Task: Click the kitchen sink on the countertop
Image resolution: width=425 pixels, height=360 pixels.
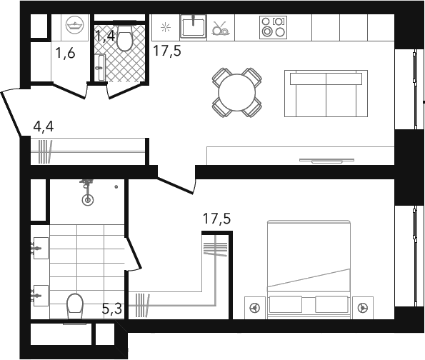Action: click(x=194, y=26)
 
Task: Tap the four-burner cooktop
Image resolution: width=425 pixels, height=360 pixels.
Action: click(x=273, y=28)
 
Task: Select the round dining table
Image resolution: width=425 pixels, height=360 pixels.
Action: click(x=236, y=92)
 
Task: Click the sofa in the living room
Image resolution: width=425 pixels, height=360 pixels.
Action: click(x=326, y=94)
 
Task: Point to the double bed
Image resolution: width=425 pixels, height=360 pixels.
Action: click(x=309, y=270)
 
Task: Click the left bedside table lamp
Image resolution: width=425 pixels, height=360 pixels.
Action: click(x=255, y=308)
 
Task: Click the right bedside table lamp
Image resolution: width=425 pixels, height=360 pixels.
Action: click(x=363, y=308)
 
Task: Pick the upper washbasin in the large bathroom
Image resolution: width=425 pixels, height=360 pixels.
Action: click(x=41, y=248)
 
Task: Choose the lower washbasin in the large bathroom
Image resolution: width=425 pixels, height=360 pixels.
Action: click(x=41, y=296)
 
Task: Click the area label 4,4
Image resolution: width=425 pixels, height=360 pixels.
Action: click(x=44, y=126)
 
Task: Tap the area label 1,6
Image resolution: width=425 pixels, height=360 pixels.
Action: click(x=65, y=53)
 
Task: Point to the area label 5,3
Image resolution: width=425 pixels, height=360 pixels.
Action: click(x=112, y=309)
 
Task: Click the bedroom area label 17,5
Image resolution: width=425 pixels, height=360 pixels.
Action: click(x=217, y=219)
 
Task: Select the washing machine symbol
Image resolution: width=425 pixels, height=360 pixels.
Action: click(x=75, y=25)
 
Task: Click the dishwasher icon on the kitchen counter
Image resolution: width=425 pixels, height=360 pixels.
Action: click(x=221, y=28)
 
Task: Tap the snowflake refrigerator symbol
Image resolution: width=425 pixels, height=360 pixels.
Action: click(x=165, y=27)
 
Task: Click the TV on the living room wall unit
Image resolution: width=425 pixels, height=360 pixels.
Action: click(x=326, y=161)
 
